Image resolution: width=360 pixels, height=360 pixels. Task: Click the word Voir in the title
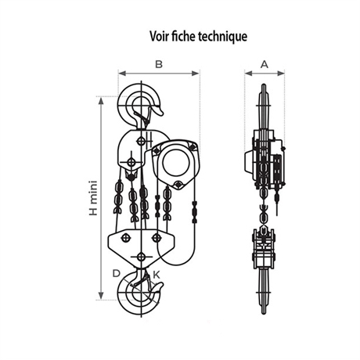160,36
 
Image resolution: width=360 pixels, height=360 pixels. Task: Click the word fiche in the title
184,36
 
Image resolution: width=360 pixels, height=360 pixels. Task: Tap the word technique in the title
222,37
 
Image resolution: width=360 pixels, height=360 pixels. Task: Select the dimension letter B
159,64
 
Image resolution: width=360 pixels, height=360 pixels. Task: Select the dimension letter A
265,64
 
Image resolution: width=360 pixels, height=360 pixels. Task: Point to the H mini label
93,198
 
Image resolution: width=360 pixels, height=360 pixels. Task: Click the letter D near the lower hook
116,273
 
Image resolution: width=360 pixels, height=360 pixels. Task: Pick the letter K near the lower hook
157,275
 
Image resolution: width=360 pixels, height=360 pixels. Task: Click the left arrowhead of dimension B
122,74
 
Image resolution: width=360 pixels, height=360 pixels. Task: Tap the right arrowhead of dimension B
196,74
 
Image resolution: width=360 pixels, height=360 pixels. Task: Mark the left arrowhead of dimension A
249,74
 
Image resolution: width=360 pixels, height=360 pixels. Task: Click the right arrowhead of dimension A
281,74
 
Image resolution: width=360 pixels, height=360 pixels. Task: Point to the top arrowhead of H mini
101,101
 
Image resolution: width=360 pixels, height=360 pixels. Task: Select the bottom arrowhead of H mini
101,296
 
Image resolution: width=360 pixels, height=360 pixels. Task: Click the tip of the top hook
162,114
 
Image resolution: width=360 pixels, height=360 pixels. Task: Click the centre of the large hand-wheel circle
176,163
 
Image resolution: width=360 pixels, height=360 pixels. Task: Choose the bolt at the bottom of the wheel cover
178,185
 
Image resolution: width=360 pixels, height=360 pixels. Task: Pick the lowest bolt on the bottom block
141,257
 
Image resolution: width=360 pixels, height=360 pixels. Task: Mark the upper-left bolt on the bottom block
125,238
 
